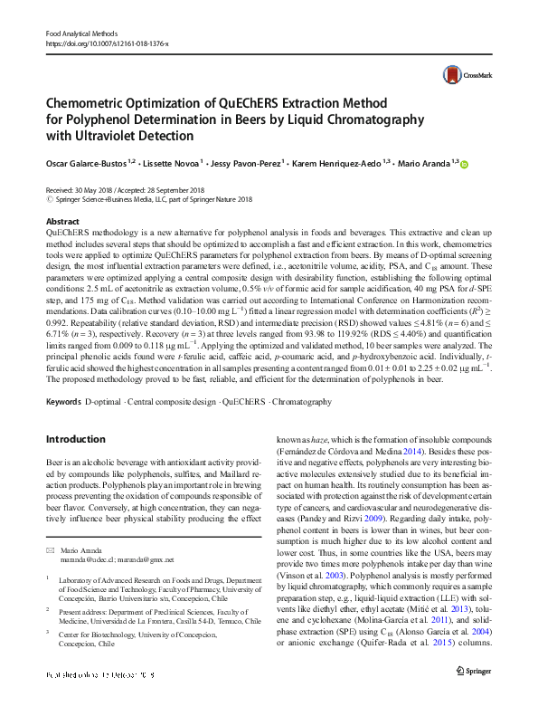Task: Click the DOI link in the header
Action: point(107,43)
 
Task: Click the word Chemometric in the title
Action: point(93,102)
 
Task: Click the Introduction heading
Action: point(75,439)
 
